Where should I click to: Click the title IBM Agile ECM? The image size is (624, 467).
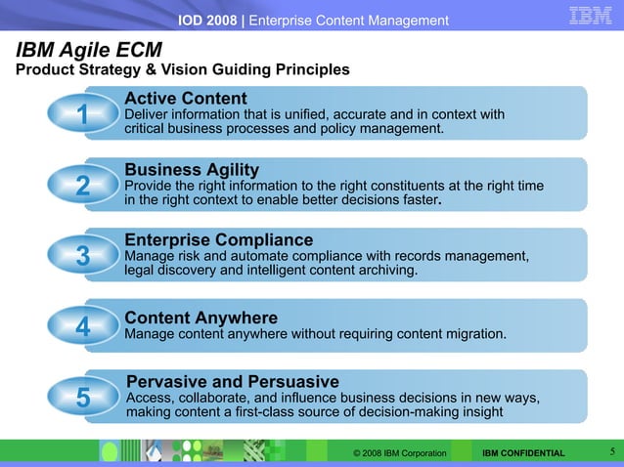pos(88,50)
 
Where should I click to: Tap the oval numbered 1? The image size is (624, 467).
pos(83,115)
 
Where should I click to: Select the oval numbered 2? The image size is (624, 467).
pos(83,187)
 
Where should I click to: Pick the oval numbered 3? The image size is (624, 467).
pos(83,256)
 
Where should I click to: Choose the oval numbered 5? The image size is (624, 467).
pos(83,399)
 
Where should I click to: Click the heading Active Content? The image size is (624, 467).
pos(186,99)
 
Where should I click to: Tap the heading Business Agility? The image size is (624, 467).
pos(192,170)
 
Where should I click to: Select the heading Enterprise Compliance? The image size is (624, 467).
pos(219,240)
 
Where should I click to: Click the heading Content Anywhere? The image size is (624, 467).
pos(201,318)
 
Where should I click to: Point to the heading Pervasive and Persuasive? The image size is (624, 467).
pos(233,381)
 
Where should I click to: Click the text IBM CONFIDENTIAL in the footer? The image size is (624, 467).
pos(523,453)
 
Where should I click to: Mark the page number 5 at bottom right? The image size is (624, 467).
pos(611,451)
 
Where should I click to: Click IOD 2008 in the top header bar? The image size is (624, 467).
pos(207,21)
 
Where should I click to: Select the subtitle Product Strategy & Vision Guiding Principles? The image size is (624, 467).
pos(181,70)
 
